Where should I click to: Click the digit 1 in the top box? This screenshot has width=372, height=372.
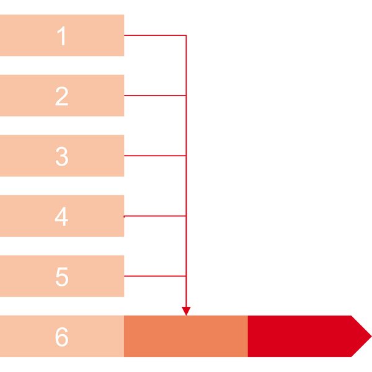61,35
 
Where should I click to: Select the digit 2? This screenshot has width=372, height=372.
61,96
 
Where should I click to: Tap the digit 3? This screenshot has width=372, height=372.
62,156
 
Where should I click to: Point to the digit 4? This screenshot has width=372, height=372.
61,216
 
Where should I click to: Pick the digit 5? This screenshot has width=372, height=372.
62,277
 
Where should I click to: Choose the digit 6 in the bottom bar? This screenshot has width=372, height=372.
61,337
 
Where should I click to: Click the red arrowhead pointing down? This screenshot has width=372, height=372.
186,311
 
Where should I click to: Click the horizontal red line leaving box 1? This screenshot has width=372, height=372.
155,35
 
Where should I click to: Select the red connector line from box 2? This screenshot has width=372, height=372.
155,95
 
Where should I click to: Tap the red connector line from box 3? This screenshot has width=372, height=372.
155,156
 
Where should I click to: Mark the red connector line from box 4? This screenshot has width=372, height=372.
155,216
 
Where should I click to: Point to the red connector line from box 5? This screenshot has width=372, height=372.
155,276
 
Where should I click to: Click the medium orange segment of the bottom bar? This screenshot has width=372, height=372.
186,336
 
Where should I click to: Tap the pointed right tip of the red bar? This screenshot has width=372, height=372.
371,336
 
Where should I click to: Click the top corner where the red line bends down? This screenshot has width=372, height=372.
186,35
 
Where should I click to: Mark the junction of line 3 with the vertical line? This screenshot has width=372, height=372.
186,156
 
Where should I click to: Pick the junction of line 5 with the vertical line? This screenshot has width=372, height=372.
186,276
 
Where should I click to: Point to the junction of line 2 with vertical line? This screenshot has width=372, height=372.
186,95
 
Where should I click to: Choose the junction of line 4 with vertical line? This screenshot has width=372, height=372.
186,216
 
